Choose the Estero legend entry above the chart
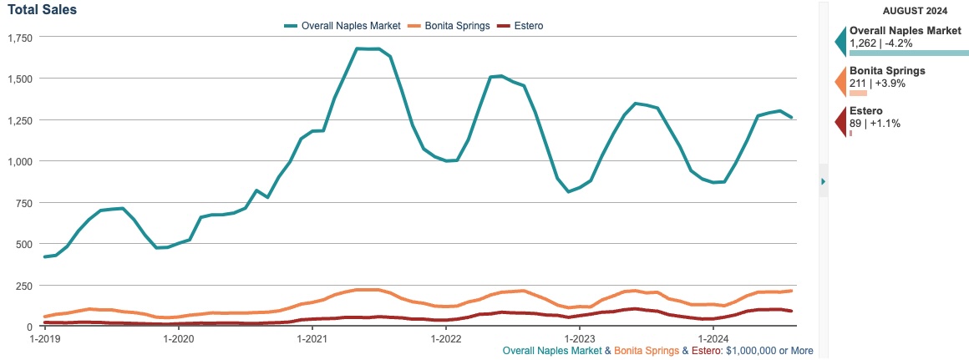pos(520,26)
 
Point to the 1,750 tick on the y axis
pos(19,38)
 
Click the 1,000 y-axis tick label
pos(19,161)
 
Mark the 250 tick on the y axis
pos(23,286)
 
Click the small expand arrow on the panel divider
pos(823,181)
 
